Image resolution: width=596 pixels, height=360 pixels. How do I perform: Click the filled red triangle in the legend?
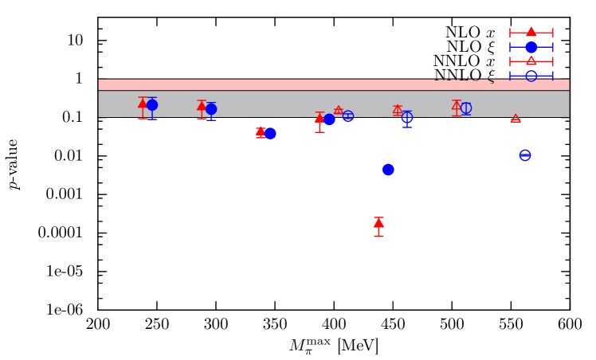(531, 32)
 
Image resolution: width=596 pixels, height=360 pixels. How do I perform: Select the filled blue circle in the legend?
(531, 47)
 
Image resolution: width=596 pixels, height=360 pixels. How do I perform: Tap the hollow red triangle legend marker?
(531, 61)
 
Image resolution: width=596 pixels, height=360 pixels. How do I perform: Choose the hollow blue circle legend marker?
(531, 76)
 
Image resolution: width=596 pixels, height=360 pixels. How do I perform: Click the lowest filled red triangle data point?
(378, 223)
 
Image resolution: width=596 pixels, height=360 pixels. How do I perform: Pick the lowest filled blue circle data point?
(388, 170)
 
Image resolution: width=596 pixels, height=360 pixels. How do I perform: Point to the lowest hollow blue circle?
(525, 155)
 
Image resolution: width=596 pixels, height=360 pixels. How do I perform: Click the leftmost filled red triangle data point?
(143, 103)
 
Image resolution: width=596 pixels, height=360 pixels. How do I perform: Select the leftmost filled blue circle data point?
(152, 105)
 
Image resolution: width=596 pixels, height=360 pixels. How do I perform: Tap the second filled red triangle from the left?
(202, 105)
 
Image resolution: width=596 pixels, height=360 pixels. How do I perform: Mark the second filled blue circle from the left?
(211, 109)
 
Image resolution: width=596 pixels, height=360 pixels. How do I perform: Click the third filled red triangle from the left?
(261, 132)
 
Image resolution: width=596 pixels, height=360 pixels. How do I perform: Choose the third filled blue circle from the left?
(270, 133)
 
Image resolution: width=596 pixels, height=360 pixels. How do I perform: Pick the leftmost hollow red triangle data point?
(339, 111)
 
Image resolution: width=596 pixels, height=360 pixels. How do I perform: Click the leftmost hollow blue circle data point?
(348, 116)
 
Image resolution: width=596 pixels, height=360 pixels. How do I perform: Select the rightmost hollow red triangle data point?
(516, 119)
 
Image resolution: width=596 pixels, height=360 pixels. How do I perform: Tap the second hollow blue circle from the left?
(407, 117)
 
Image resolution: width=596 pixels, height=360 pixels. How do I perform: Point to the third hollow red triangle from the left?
(457, 104)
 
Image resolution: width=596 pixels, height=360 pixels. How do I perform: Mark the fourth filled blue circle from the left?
(329, 119)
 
